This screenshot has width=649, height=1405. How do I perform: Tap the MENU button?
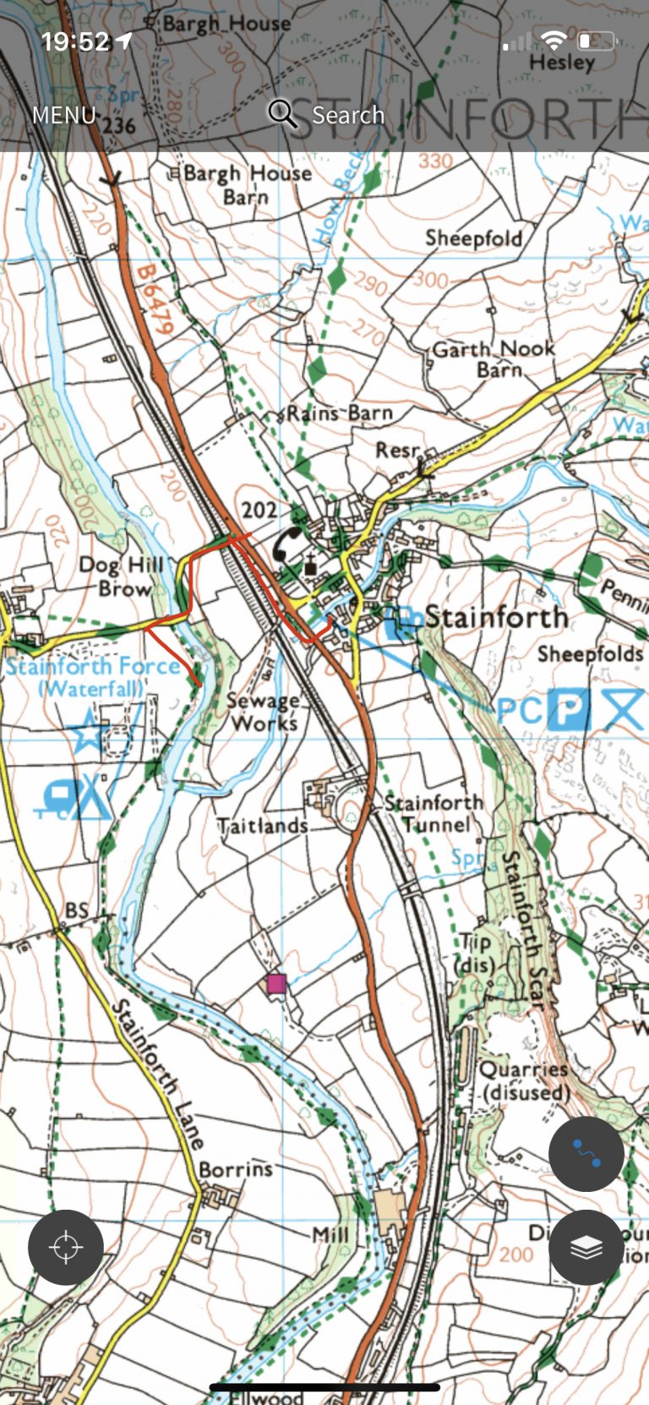click(x=63, y=115)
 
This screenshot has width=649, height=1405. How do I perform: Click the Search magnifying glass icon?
click(x=282, y=113)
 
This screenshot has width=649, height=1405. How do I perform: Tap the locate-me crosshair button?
click(x=66, y=1248)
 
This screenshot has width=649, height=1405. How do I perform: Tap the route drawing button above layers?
click(x=586, y=1154)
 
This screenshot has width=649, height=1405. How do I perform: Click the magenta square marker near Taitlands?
click(x=276, y=983)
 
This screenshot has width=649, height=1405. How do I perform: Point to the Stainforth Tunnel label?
click(x=434, y=813)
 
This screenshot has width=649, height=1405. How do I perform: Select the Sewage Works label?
click(x=263, y=712)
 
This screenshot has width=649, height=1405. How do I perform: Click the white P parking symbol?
click(x=568, y=708)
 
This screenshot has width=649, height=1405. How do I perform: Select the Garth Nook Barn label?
click(x=494, y=358)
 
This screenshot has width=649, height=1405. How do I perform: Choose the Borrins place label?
click(x=236, y=1169)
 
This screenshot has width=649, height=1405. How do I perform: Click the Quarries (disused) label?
click(x=525, y=1080)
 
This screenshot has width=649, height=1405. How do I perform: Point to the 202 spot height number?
click(x=259, y=510)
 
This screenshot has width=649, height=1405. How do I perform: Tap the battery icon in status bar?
click(x=597, y=40)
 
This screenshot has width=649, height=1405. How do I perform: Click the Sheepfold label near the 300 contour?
click(x=473, y=238)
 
